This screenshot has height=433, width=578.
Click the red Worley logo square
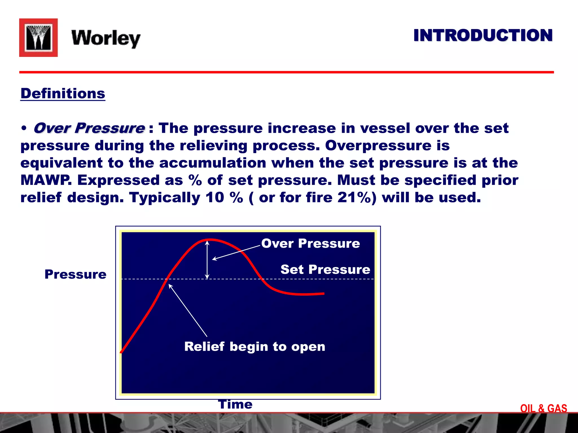[x=38, y=37]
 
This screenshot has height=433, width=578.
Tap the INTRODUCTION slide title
[x=483, y=36]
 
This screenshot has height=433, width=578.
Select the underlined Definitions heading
[x=63, y=93]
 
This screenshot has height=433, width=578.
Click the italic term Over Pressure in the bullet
[x=89, y=128]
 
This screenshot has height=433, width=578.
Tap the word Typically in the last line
[x=165, y=197]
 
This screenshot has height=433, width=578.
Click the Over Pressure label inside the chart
[x=310, y=243]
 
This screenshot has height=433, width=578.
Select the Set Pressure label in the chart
[x=325, y=269]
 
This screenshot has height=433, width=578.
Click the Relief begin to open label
[x=255, y=346]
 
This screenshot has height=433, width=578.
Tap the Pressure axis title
[x=75, y=274]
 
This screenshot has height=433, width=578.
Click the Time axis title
[x=235, y=404]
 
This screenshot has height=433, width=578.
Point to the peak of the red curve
[x=210, y=240]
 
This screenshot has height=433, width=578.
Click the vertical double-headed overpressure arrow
[x=207, y=259]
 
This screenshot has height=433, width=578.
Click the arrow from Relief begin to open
[x=188, y=310]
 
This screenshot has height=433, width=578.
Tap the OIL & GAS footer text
[x=544, y=408]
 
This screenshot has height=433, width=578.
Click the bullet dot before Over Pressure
[x=24, y=129]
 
